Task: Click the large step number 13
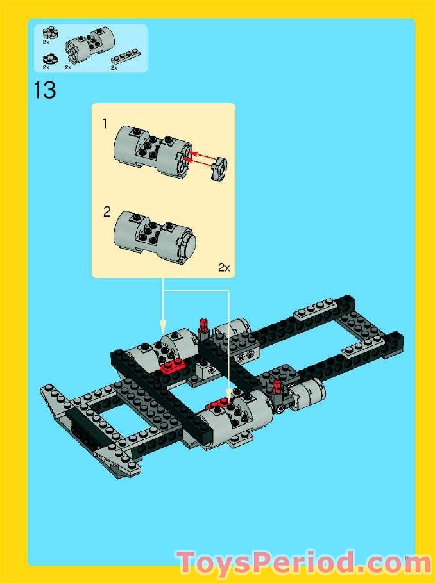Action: coord(45,90)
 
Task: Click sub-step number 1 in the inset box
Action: coord(105,124)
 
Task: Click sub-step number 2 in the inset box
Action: coord(107,211)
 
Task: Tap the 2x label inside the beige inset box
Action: coord(223,268)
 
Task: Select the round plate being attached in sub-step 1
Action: coord(219,167)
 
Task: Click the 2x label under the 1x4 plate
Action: coord(114,67)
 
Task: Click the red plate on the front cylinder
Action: coord(217,403)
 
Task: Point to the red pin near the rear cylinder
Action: coord(204,327)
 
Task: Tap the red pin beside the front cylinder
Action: coord(277,387)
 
